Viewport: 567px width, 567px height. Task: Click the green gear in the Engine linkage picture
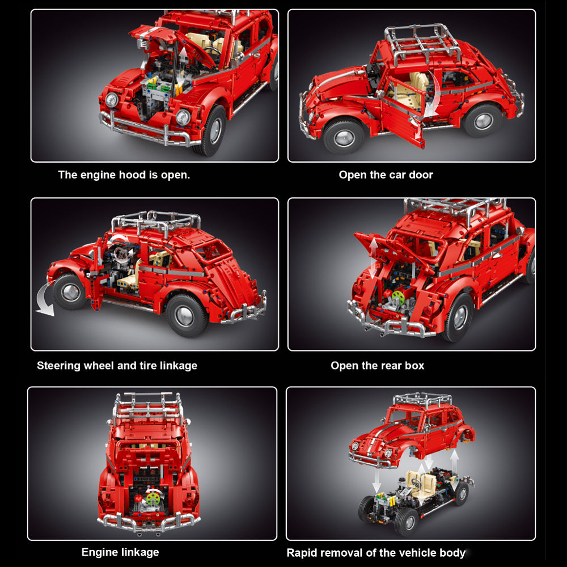click(x=153, y=498)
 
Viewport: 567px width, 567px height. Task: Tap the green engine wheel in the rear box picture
click(x=399, y=297)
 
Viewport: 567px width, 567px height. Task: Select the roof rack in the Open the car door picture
click(x=422, y=44)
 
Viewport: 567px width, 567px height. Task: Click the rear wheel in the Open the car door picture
click(x=483, y=120)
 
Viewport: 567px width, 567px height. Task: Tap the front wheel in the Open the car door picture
click(x=344, y=137)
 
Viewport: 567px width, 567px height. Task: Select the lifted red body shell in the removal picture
click(x=412, y=434)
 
